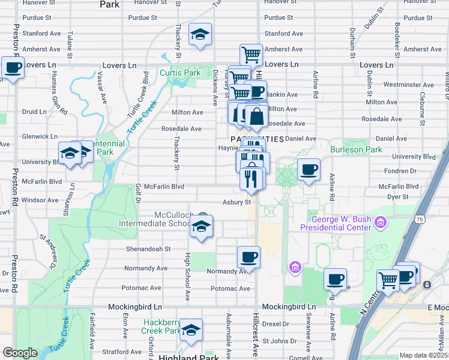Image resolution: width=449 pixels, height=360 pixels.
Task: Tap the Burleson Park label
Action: [x=355, y=149]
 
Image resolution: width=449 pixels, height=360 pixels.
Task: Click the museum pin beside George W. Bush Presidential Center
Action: [x=379, y=224]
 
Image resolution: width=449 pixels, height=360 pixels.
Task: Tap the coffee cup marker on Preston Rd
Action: [x=13, y=67]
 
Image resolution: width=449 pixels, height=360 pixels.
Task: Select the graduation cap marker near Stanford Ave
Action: [x=200, y=35]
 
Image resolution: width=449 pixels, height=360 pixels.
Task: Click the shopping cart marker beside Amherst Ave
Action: [x=251, y=55]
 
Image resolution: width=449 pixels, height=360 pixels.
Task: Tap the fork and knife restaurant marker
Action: [x=251, y=178]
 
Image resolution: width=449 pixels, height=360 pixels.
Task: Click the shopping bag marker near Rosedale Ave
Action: [x=256, y=116]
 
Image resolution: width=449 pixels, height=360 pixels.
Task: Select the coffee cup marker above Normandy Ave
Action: [x=249, y=257]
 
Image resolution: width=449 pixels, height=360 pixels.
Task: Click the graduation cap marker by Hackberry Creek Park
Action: [x=191, y=330]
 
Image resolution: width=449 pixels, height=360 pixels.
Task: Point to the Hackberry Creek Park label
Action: [x=162, y=326]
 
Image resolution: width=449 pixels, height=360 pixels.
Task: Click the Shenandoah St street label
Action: [x=148, y=248]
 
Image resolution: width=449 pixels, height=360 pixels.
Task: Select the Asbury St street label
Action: [x=236, y=202]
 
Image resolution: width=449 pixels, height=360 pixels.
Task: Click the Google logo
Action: [x=20, y=352]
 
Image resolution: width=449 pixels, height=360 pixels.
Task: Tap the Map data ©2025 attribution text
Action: [x=423, y=355]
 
